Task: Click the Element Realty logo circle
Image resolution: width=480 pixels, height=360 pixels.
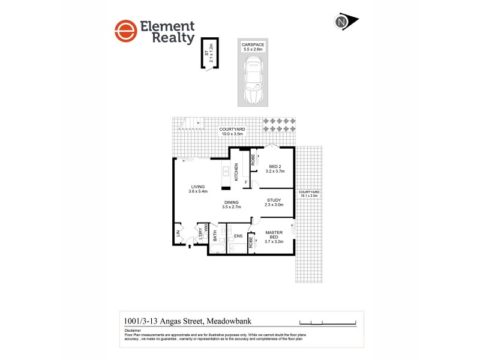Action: [124, 32]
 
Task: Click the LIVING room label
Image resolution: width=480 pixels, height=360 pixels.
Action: [197, 188]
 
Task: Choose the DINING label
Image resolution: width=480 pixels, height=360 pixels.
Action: [231, 202]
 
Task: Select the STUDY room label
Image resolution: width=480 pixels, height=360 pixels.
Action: [274, 200]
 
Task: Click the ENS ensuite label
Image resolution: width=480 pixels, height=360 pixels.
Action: [238, 236]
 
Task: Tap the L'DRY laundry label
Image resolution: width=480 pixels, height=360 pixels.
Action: [200, 232]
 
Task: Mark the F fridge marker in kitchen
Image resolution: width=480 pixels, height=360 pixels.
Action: [245, 181]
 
